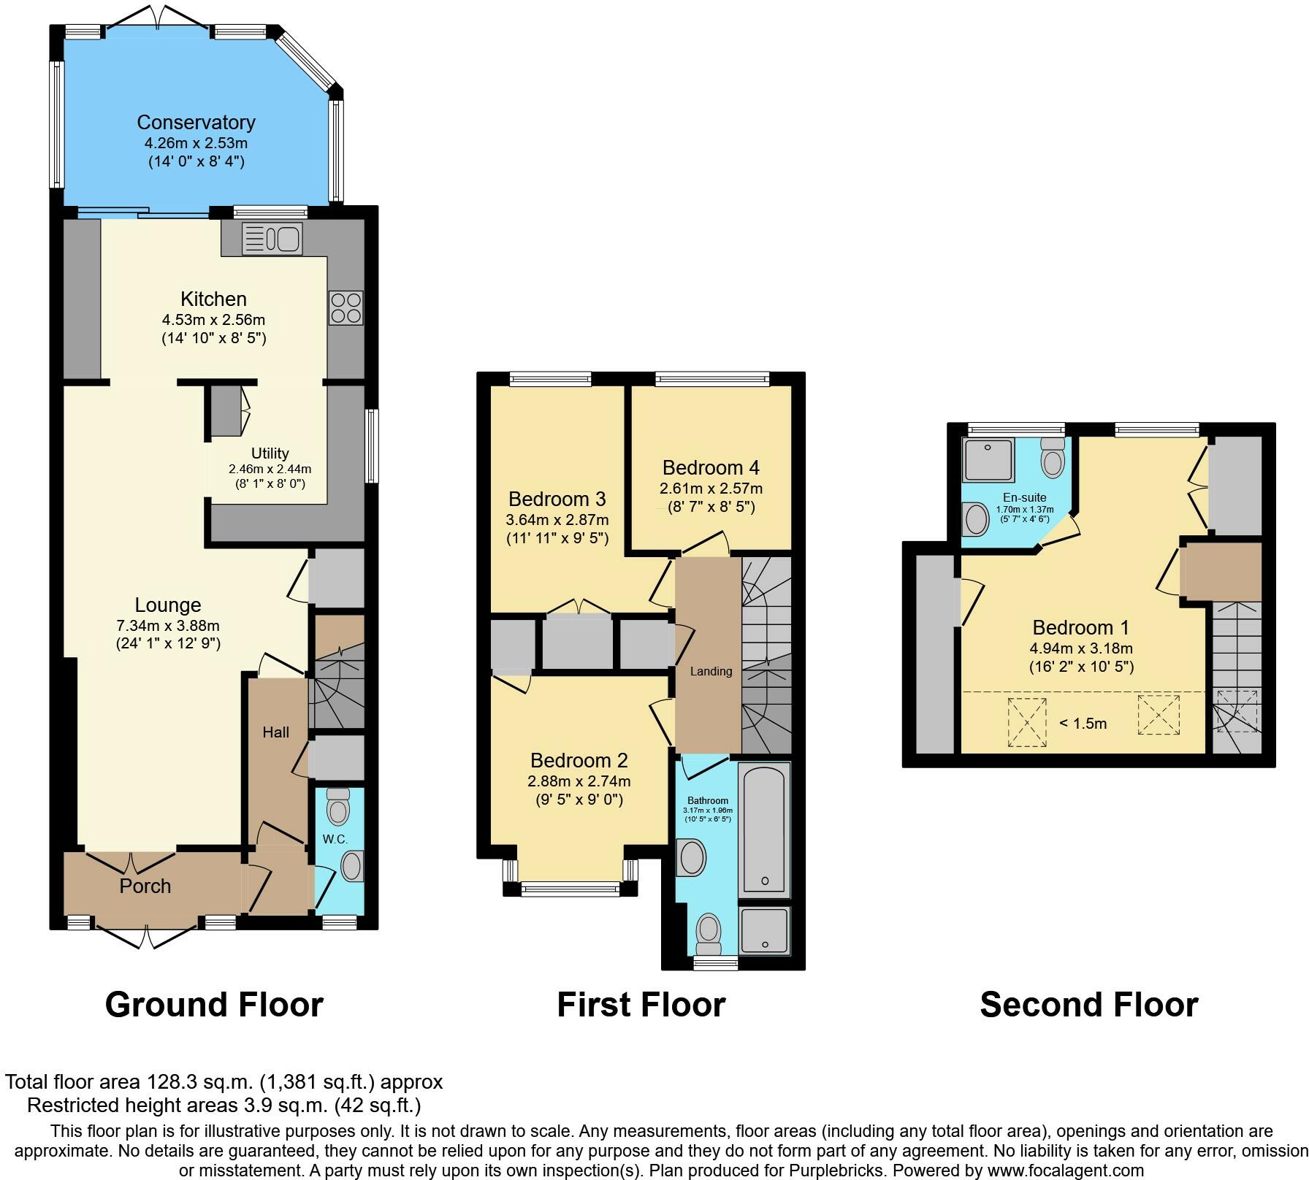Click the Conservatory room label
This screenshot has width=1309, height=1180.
(196, 122)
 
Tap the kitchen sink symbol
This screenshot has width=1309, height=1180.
(272, 238)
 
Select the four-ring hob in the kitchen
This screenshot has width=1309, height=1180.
(346, 307)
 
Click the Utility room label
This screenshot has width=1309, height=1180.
(270, 453)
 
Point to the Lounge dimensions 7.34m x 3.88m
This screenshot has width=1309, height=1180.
(168, 626)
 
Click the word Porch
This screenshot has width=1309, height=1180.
(145, 886)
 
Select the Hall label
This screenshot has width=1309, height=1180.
(276, 732)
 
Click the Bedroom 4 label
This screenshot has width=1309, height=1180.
(711, 467)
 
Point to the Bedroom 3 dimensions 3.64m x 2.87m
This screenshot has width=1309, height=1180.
(557, 520)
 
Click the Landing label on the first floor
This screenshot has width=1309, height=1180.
(711, 671)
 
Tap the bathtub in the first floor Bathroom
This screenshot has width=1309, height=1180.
(764, 829)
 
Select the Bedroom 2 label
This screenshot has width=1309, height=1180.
(579, 760)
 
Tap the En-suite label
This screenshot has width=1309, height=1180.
(1024, 497)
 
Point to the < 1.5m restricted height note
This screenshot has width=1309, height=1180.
(1083, 724)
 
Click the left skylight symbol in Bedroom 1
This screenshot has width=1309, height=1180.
(1027, 722)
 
